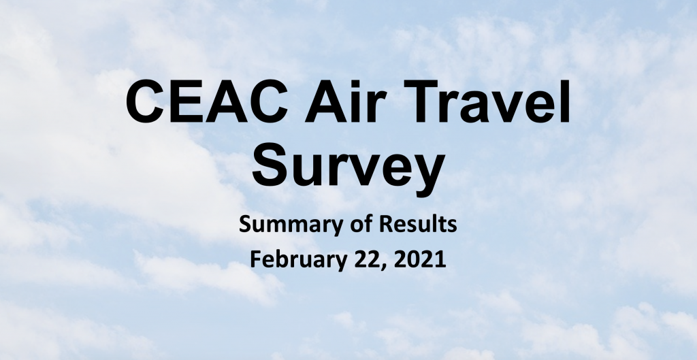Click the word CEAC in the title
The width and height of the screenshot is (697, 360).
tap(207, 101)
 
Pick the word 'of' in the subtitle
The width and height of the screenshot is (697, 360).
tap(355, 224)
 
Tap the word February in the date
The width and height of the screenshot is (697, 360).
tap(298, 259)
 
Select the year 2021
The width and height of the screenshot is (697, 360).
tap(419, 259)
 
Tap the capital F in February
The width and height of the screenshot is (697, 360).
tap(257, 259)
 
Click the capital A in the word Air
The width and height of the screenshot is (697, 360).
tap(326, 101)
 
